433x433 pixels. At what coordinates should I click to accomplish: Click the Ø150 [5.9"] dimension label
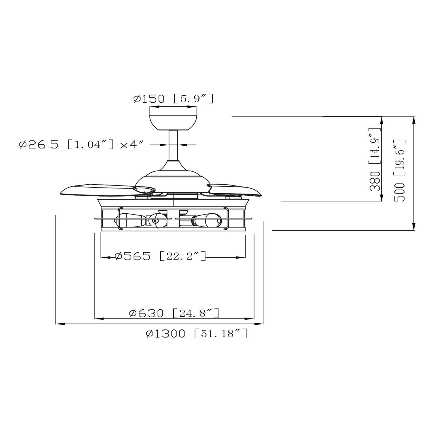point(173,99)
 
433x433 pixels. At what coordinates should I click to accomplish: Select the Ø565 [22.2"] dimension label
point(161,256)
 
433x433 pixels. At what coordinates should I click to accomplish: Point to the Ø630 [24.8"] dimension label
point(174,313)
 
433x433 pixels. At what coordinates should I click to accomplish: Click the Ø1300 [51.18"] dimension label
point(197,334)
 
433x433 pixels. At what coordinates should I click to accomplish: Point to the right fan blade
point(237,189)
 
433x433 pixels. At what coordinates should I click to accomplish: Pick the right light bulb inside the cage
point(207,221)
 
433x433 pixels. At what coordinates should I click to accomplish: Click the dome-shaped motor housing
point(173,177)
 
